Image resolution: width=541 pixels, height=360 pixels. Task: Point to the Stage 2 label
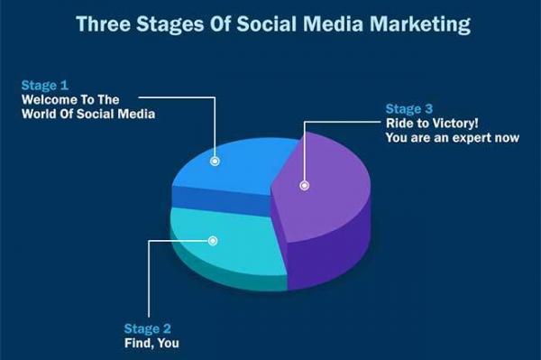click(x=144, y=328)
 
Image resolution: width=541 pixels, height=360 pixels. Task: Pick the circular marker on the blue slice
click(x=215, y=162)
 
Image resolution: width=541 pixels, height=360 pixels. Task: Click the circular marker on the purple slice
click(x=305, y=185)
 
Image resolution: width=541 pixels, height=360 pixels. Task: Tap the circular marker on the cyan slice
click(x=213, y=241)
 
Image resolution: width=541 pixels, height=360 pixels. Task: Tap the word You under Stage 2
click(x=167, y=343)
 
